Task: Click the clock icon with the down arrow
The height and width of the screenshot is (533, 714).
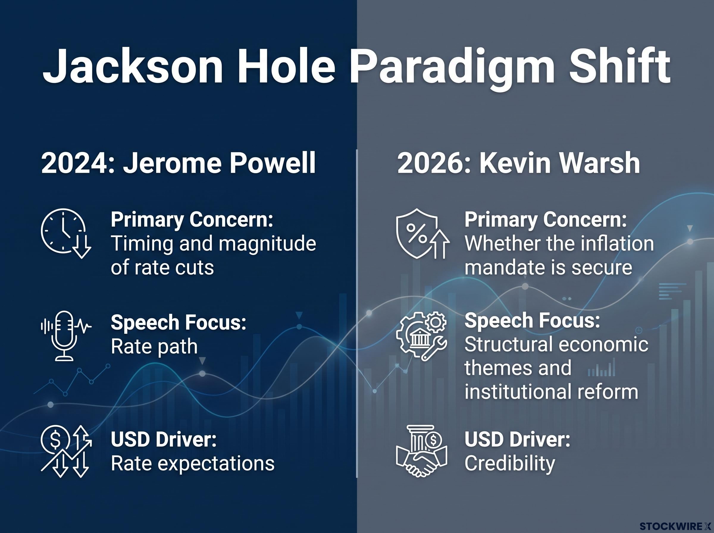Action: (x=66, y=233)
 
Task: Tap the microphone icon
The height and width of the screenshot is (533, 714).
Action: (x=66, y=336)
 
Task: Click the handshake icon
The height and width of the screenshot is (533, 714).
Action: (x=421, y=451)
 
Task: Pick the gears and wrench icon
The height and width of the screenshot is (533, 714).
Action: (x=421, y=336)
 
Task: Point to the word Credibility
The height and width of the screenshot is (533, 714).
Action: (x=510, y=463)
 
